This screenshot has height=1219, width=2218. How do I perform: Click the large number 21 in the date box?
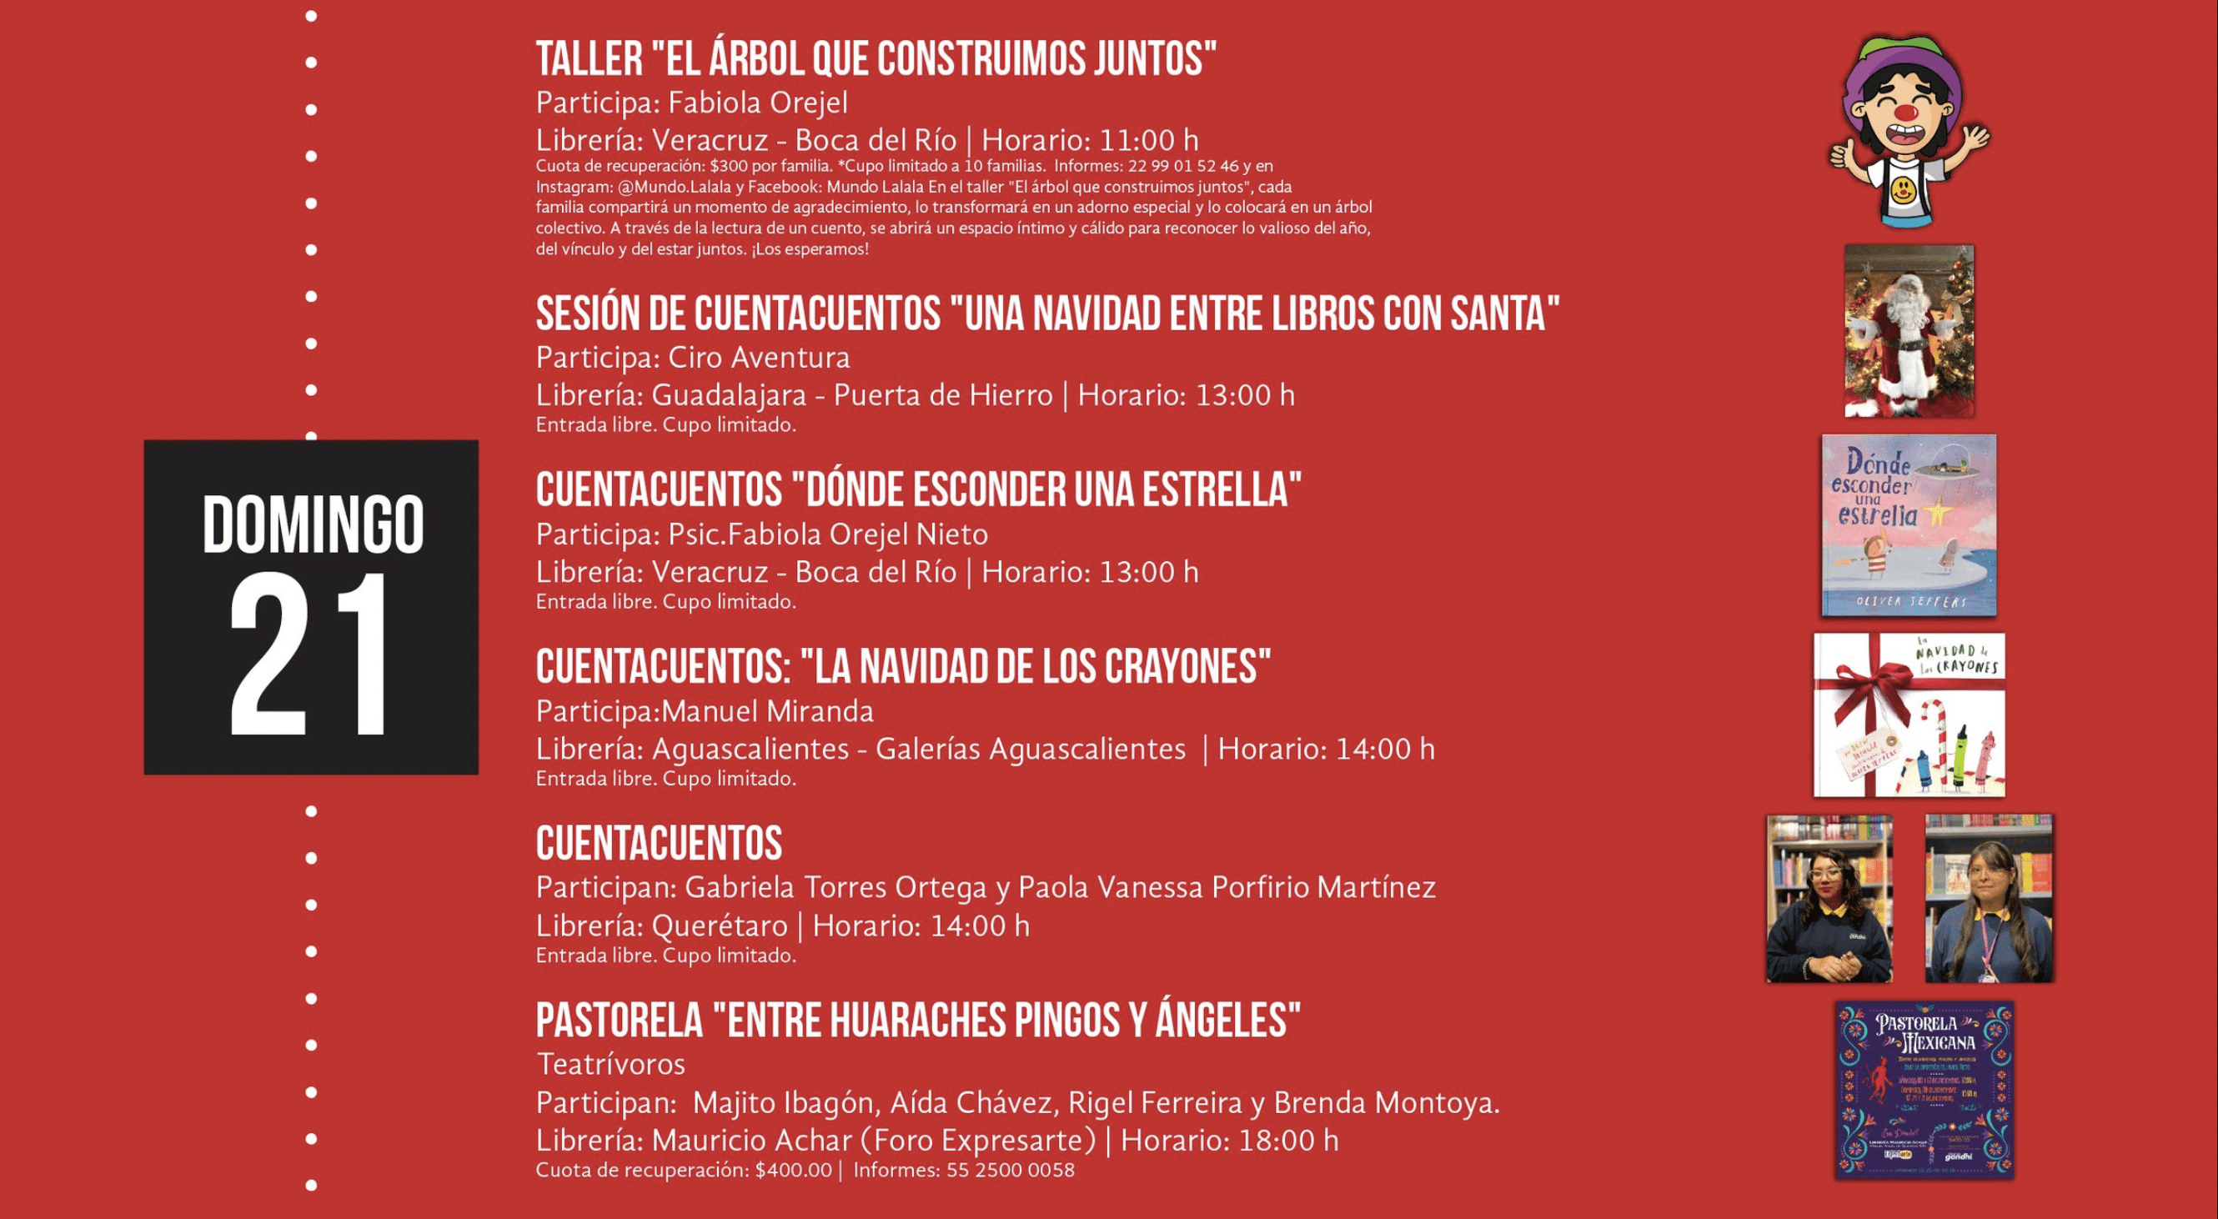click(311, 656)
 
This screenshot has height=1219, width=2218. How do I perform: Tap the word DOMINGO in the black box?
click(313, 524)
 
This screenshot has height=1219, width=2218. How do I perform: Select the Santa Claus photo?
click(1909, 332)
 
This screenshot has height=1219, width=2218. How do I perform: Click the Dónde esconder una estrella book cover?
click(1908, 525)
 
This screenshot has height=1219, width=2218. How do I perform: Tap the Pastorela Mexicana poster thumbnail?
click(1924, 1089)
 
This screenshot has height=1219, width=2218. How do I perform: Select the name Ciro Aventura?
click(759, 357)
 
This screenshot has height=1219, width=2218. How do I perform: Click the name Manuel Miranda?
click(767, 711)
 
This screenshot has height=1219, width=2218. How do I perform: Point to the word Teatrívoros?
click(610, 1064)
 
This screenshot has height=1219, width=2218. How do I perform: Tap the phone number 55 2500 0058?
click(1010, 1170)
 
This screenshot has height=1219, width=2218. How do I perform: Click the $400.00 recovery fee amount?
click(793, 1170)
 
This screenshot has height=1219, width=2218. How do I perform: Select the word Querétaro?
click(719, 926)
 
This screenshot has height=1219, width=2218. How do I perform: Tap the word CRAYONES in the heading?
click(1187, 667)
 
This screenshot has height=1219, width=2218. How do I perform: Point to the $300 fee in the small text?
click(728, 166)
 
